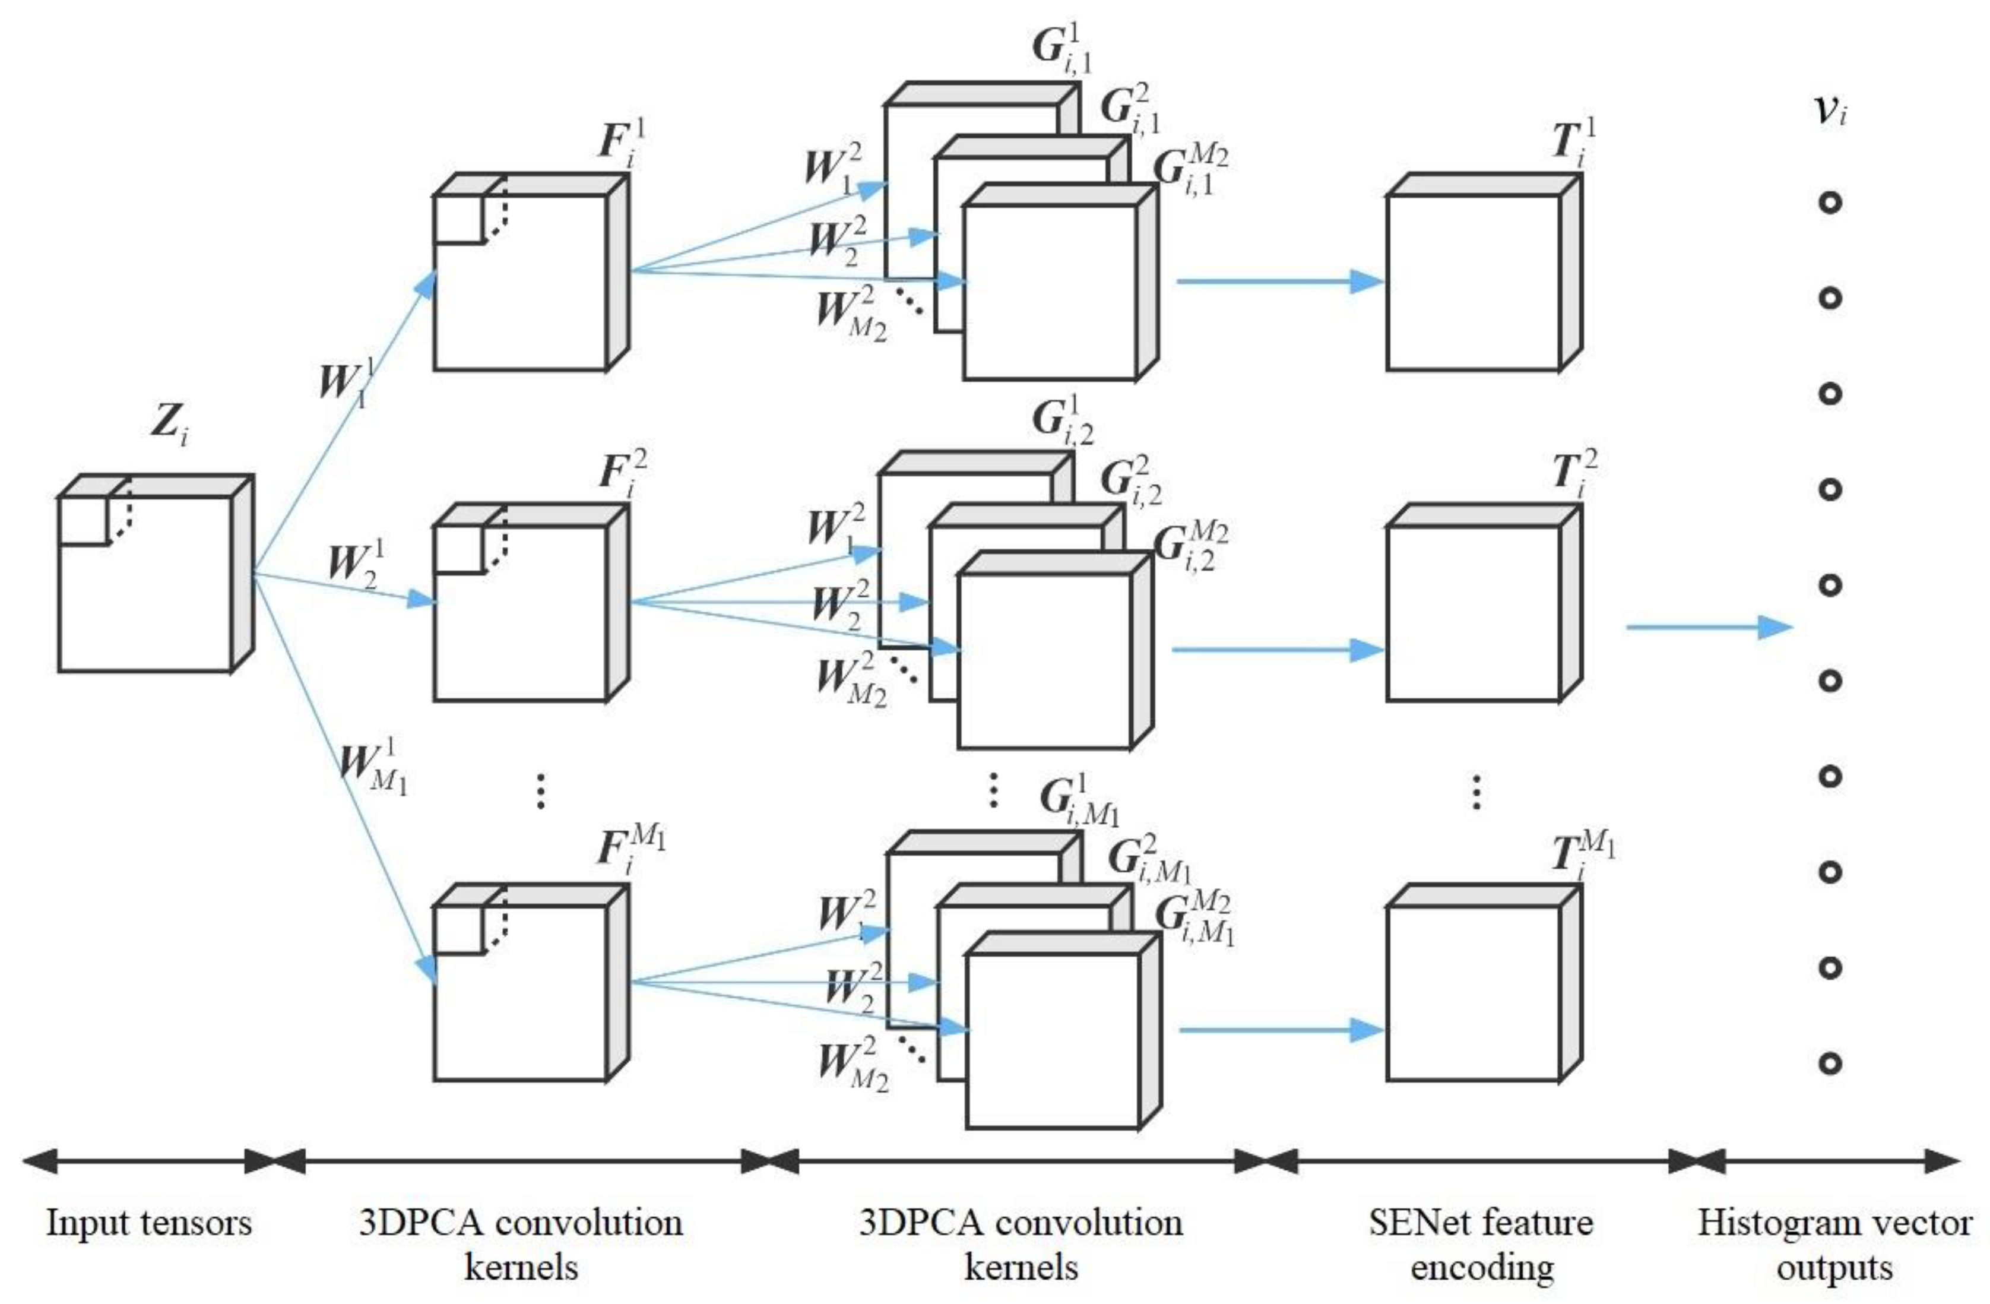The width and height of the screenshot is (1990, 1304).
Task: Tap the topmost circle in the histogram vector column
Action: pos(1830,202)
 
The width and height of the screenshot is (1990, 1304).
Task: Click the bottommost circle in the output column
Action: pos(1830,1063)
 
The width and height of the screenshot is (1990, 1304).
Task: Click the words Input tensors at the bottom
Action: pos(149,1223)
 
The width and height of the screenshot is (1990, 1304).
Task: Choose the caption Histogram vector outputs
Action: pos(1834,1244)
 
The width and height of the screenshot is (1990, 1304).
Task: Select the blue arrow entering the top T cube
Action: pos(1279,281)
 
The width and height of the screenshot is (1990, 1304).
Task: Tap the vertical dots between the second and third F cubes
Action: pos(541,790)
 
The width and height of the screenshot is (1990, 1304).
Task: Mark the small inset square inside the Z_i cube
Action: pos(84,520)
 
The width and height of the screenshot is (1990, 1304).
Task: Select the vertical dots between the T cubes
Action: pos(1476,792)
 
